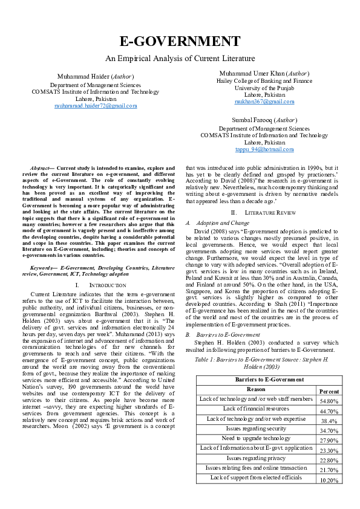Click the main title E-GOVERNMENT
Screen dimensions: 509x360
tap(180, 42)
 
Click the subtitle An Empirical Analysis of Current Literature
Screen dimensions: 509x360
tap(180, 59)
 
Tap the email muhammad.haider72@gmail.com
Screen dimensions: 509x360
tap(96, 106)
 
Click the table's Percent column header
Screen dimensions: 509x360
tap(329, 391)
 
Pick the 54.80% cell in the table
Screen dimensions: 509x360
tap(329, 401)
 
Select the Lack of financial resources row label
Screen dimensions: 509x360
tap(257, 409)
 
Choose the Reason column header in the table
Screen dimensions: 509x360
tap(257, 389)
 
